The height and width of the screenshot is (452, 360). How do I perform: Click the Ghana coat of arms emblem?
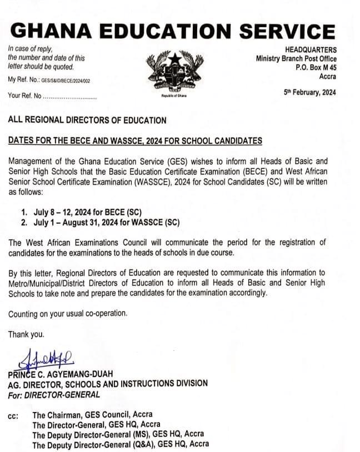pyautogui.click(x=174, y=72)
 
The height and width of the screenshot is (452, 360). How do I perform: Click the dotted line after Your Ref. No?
pyautogui.click(x=70, y=96)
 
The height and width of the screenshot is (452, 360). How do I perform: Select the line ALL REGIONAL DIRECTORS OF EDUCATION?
pyautogui.click(x=87, y=120)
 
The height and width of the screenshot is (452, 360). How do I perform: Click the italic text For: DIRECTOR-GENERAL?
pyautogui.click(x=54, y=395)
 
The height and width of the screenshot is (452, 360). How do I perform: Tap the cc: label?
pyautogui.click(x=13, y=415)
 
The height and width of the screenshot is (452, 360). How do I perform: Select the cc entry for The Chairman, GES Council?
pyautogui.click(x=92, y=415)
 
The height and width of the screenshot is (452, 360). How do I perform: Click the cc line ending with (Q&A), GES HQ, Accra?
pyautogui.click(x=121, y=444)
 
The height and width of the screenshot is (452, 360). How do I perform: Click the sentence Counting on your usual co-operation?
pyautogui.click(x=68, y=314)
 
